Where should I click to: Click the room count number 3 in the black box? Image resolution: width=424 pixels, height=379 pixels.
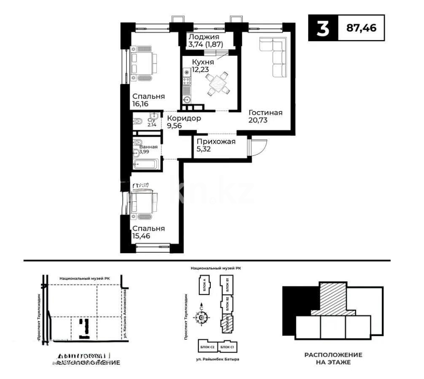point(322,28)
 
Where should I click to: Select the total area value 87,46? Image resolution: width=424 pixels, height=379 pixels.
point(361,28)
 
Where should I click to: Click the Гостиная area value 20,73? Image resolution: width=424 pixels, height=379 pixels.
point(258,120)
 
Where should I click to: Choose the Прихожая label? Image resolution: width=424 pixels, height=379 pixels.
point(216,141)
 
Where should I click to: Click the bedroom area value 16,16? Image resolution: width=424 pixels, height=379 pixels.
point(142,104)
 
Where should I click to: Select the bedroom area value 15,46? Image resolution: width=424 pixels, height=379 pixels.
point(142,236)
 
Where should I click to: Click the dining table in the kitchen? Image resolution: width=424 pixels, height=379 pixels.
point(218,83)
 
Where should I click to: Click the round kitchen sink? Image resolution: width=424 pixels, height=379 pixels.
point(186,100)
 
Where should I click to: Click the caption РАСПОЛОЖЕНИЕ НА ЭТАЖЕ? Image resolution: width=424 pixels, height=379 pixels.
point(333,358)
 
